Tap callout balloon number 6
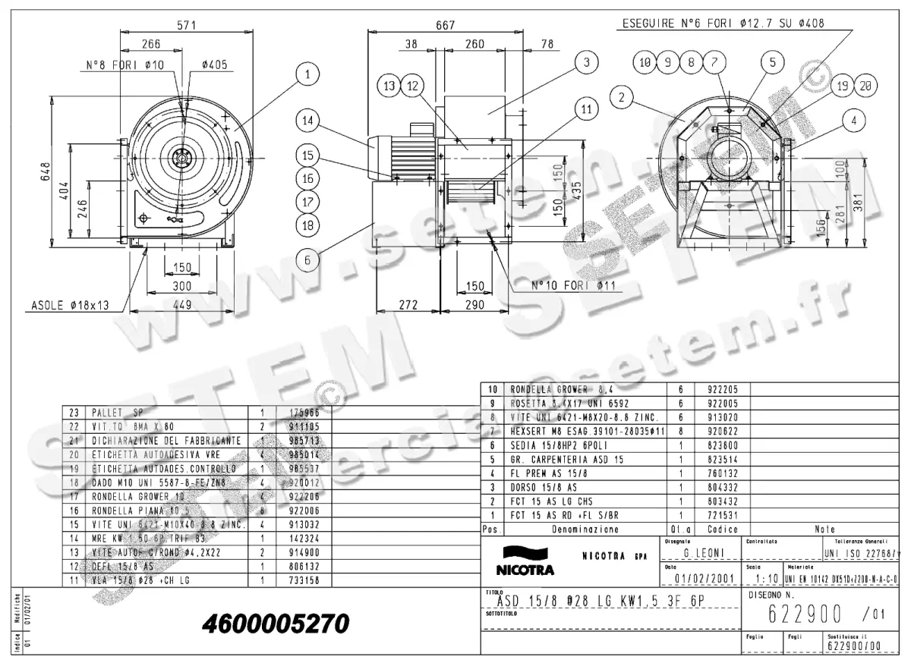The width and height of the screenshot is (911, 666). tap(307, 260)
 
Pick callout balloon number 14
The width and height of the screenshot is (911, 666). tap(307, 121)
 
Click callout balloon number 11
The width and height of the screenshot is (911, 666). tap(585, 108)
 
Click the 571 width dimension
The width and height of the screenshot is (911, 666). tap(187, 25)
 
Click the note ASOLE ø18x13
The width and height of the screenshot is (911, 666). tap(71, 306)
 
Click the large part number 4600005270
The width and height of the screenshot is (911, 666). tap(276, 624)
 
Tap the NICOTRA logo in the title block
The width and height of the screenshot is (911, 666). tap(525, 569)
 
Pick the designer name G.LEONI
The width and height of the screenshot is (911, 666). tap(704, 553)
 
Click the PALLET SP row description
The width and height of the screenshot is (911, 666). tap(117, 413)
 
